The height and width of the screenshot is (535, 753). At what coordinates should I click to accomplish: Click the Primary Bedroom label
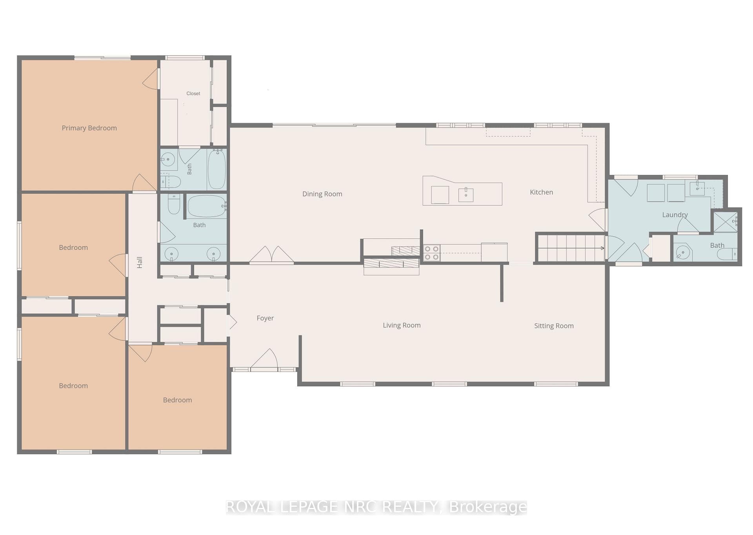(x=89, y=128)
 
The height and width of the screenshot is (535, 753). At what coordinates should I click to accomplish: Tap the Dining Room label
(x=322, y=194)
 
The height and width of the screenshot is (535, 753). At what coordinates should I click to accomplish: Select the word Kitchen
(x=541, y=192)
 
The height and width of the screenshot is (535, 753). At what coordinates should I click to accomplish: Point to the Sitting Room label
(x=554, y=326)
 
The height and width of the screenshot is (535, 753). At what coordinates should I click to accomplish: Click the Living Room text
(x=402, y=325)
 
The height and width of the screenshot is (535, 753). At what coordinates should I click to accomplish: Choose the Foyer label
(x=265, y=318)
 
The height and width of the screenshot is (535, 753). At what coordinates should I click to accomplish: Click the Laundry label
(x=675, y=215)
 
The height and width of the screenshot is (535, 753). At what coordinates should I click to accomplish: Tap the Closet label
(x=193, y=93)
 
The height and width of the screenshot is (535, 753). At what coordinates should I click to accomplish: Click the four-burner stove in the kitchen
(x=432, y=253)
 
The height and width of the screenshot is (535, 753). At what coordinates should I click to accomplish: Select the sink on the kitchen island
(x=466, y=195)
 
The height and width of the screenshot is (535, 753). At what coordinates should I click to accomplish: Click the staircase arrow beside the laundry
(x=571, y=248)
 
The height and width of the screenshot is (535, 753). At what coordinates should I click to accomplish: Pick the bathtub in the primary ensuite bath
(x=216, y=169)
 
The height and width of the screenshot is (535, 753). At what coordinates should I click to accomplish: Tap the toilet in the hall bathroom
(x=174, y=204)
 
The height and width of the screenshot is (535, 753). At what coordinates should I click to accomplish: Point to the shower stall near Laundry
(x=725, y=222)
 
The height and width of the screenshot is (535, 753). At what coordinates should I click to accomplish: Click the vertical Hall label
(x=140, y=262)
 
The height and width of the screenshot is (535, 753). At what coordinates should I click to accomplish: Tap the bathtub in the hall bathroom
(x=206, y=206)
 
